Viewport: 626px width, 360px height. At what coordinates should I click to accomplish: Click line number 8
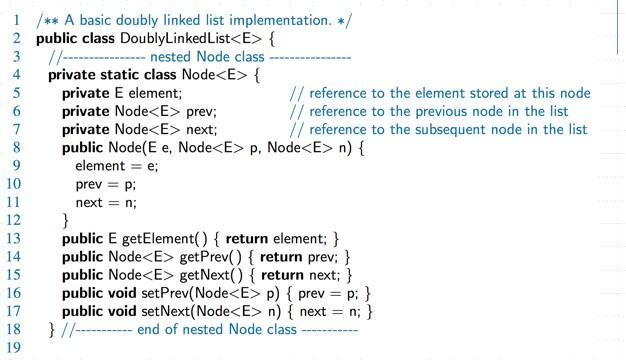click(x=17, y=148)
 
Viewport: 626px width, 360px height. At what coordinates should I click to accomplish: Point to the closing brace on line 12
click(x=66, y=220)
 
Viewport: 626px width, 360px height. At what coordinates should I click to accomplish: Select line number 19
click(x=14, y=348)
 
